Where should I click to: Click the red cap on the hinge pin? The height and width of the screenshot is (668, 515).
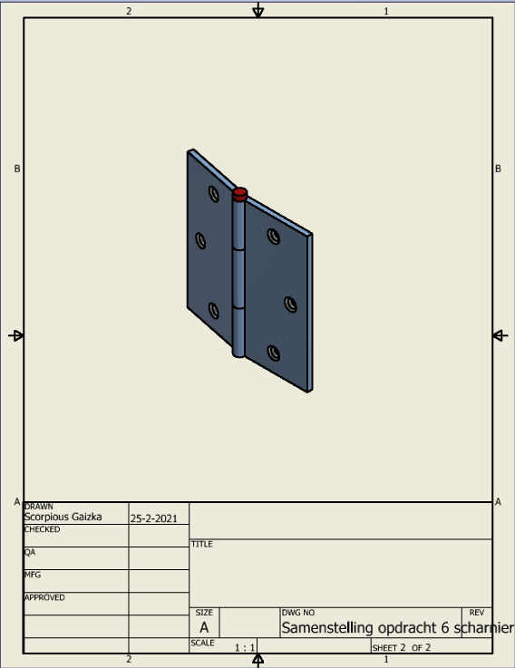tap(240, 194)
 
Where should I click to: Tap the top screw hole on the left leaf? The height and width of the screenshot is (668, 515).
tap(214, 194)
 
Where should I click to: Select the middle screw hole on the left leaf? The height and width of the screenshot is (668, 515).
tap(200, 241)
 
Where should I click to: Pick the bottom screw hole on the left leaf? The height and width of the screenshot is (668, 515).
tap(214, 311)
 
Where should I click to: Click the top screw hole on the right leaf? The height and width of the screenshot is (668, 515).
tap(274, 237)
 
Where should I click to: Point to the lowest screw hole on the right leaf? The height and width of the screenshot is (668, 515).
tap(274, 353)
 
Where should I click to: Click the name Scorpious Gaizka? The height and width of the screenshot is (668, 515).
tap(63, 517)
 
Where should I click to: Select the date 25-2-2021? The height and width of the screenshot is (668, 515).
tap(153, 518)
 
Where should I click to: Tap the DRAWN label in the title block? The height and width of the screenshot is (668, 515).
tap(39, 507)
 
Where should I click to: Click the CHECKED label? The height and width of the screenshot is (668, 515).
tap(43, 529)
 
